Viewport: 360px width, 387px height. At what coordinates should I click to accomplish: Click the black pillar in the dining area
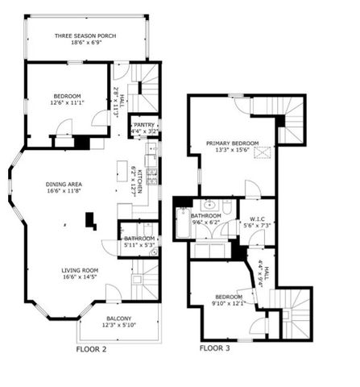pos(91,218)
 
